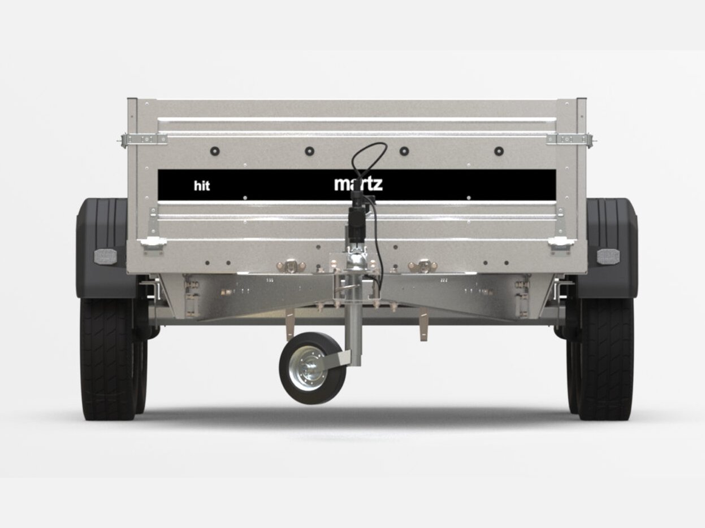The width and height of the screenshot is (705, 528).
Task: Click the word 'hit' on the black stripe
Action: [202, 186]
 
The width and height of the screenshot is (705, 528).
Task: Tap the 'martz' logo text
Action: [358, 184]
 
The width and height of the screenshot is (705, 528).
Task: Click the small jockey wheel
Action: [312, 368]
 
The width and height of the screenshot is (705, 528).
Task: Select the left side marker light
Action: [105, 256]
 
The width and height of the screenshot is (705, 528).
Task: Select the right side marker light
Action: [608, 256]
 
